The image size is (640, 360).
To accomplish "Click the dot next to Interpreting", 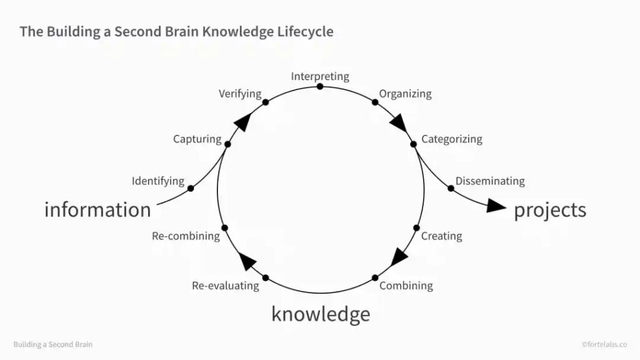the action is point(320,86).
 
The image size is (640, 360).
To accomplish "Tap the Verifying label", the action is point(240,94).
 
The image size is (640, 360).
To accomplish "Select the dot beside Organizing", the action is point(375,102).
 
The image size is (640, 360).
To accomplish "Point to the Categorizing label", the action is point(452,139).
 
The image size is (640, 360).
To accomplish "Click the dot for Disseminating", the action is point(451,189).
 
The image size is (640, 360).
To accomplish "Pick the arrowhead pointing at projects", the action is point(496,206).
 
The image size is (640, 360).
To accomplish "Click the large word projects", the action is point(550,210).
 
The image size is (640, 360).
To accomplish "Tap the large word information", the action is point(97,210).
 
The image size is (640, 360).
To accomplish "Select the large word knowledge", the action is point(321,314).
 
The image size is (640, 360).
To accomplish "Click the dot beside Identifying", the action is point(191,189).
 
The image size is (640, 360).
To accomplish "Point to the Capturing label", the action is point(197,139).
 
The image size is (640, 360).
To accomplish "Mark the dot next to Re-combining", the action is point(224,227).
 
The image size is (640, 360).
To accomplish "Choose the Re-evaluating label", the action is point(225,286).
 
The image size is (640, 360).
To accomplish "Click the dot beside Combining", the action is point(375,278).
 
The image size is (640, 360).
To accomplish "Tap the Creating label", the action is point(442,236).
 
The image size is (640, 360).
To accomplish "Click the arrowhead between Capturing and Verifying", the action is point(243,122).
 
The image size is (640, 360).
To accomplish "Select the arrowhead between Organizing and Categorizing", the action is point(399,123).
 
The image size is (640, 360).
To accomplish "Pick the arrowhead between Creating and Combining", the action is point(399,257).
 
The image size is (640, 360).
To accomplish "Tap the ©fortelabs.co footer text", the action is point(604,344).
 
